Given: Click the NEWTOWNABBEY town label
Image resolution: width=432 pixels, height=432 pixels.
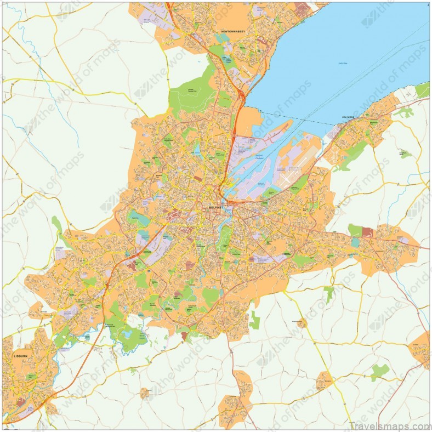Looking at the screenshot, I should [x=238, y=32].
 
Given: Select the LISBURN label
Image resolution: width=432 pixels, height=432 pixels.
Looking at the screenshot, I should [x=20, y=356].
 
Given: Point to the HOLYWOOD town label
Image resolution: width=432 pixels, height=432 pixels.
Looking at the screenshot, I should [x=349, y=117].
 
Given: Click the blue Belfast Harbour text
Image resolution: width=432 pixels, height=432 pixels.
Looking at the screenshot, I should [x=260, y=157].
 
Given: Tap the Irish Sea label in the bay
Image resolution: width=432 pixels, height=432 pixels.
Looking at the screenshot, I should [x=343, y=64].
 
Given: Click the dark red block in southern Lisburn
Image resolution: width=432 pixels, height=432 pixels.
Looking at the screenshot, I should [x=20, y=402].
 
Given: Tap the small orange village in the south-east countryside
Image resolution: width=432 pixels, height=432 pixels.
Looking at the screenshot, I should [x=325, y=379].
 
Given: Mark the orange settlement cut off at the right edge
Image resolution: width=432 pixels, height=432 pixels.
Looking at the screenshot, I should [x=422, y=349].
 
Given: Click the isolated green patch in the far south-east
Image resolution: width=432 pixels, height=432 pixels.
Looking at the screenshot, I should [x=379, y=372].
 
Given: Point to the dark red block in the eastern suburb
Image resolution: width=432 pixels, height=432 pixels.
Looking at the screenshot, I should [x=367, y=232].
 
